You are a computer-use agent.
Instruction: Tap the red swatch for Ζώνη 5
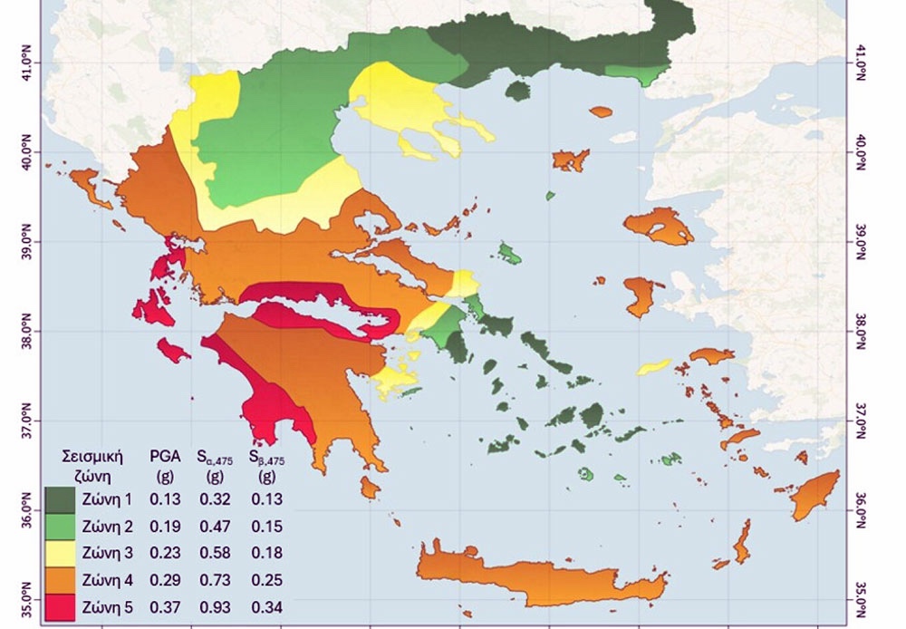(60, 605)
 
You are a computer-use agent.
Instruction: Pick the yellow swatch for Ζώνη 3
(60, 553)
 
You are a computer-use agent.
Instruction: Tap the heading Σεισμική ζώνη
(91, 464)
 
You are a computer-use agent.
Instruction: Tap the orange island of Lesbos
(659, 225)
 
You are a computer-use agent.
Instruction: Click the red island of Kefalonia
(154, 306)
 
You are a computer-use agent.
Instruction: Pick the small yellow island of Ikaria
(653, 367)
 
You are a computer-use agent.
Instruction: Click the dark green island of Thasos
(517, 91)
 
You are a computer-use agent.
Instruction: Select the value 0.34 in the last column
(265, 605)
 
